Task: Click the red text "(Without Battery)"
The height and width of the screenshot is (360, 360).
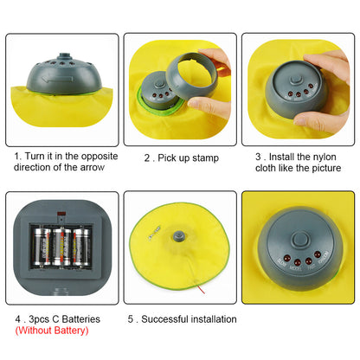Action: (51, 331)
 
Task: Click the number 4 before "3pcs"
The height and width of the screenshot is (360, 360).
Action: (19, 319)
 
